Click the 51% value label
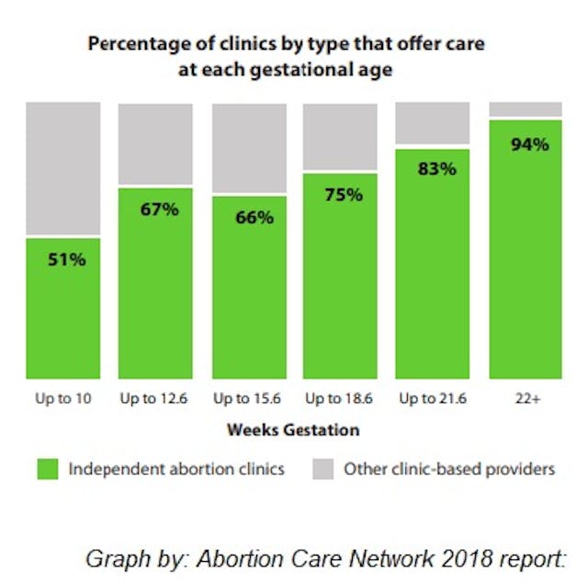pyautogui.click(x=66, y=259)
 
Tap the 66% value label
pyautogui.click(x=253, y=218)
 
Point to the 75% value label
pyautogui.click(x=343, y=195)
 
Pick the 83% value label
pyautogui.click(x=435, y=169)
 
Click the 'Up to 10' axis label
pyautogui.click(x=62, y=399)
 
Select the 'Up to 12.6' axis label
pyautogui.click(x=155, y=399)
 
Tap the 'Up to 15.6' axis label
pyautogui.click(x=249, y=399)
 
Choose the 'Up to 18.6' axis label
pyautogui.click(x=340, y=399)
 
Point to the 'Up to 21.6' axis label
pyautogui.click(x=433, y=399)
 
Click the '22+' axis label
pyautogui.click(x=525, y=399)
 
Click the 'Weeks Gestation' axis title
pyautogui.click(x=293, y=430)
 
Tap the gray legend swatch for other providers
pyautogui.click(x=321, y=469)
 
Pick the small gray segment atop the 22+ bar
pyautogui.click(x=525, y=109)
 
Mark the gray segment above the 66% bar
pyautogui.click(x=249, y=147)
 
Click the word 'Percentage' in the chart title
pyautogui.click(x=129, y=43)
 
